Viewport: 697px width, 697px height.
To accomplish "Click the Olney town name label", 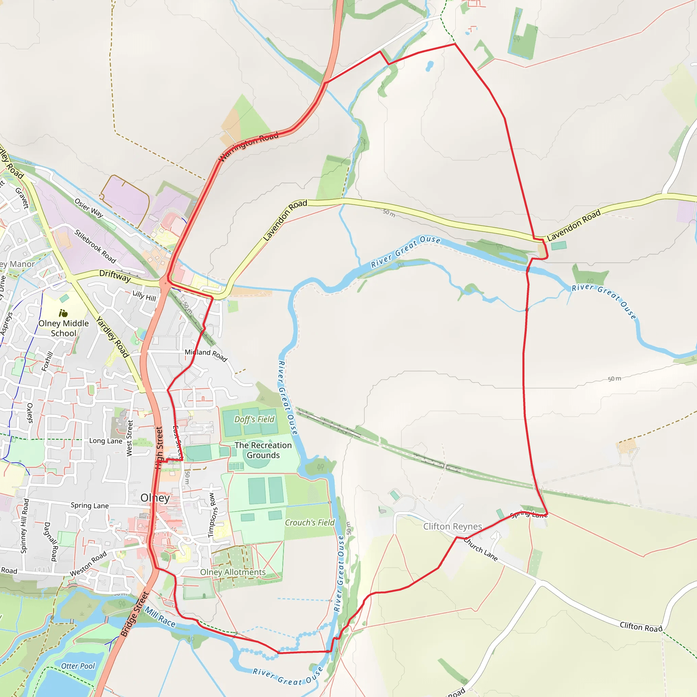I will click(155, 498).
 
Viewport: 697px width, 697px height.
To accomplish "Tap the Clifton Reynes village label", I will click(452, 526).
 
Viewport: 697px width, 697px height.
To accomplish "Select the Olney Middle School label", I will click(64, 328).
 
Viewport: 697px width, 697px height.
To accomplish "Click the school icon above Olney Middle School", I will click(63, 313).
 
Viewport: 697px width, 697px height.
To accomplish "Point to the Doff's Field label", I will click(254, 419).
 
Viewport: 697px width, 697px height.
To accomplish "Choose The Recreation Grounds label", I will click(263, 450).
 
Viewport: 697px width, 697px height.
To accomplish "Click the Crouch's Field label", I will click(310, 522).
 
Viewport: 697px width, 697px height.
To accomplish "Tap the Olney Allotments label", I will click(233, 572).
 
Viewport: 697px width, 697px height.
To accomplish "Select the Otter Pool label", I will click(78, 666).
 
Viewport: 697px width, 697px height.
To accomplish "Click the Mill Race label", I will click(160, 617).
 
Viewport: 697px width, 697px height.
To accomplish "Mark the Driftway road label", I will click(115, 276).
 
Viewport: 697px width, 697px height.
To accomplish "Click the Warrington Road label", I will click(248, 146).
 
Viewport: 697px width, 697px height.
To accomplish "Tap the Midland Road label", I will click(206, 355).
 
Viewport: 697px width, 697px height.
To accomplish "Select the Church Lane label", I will click(481, 549).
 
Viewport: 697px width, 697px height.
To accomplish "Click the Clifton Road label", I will click(641, 627).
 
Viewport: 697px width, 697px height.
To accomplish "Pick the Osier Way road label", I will click(89, 208).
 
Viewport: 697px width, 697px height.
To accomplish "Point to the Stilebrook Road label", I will click(95, 246).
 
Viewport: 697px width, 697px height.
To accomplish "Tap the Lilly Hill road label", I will click(144, 296).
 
